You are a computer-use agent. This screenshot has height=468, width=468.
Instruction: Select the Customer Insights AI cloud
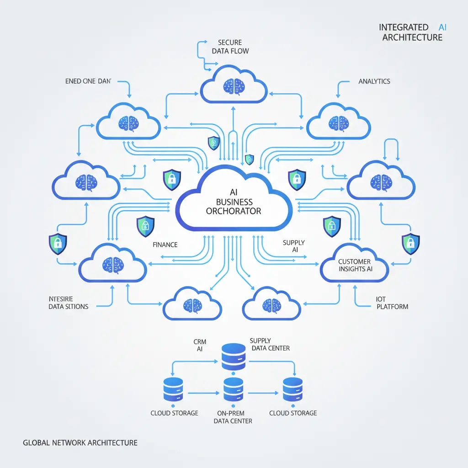tap(355, 265)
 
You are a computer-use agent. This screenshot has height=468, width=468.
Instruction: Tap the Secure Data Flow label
tap(230, 47)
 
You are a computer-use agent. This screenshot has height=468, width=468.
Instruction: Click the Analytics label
tap(374, 81)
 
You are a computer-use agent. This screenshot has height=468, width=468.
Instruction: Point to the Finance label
tap(165, 245)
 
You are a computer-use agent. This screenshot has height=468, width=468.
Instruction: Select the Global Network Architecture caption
tap(80, 442)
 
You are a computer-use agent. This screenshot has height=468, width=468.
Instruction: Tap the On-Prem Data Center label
tap(233, 416)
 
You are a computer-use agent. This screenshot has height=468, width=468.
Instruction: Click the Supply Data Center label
tap(270, 344)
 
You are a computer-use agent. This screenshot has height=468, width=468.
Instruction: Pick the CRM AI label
tap(200, 345)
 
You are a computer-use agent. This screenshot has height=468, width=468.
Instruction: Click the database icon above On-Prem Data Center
tap(233, 392)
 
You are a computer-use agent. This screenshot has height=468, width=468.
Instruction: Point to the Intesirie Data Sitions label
tap(68, 303)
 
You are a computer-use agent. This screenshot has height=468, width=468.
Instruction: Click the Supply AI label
tap(294, 246)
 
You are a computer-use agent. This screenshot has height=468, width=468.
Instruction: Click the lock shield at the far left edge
tap(58, 244)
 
